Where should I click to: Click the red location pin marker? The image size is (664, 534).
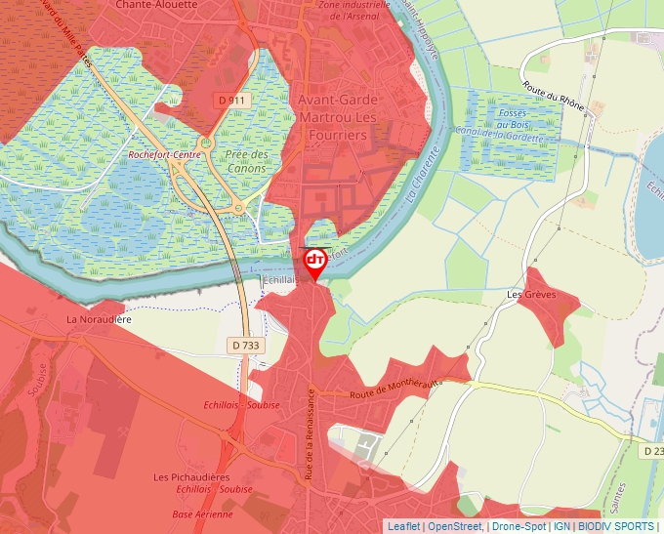[315, 263]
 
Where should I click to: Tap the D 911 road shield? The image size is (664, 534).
[230, 100]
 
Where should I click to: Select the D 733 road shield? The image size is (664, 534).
[246, 345]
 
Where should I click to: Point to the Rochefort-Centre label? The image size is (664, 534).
[165, 154]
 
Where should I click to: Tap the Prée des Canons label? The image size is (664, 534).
[247, 160]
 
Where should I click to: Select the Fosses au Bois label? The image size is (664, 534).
[513, 119]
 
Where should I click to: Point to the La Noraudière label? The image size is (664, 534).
[99, 319]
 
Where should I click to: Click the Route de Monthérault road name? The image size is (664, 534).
[394, 389]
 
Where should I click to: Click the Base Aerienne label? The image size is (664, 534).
[203, 514]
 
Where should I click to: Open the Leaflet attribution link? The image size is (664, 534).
[403, 526]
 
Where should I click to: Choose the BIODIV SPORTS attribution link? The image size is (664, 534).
[616, 526]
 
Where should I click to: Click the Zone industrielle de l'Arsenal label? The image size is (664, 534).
[354, 10]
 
